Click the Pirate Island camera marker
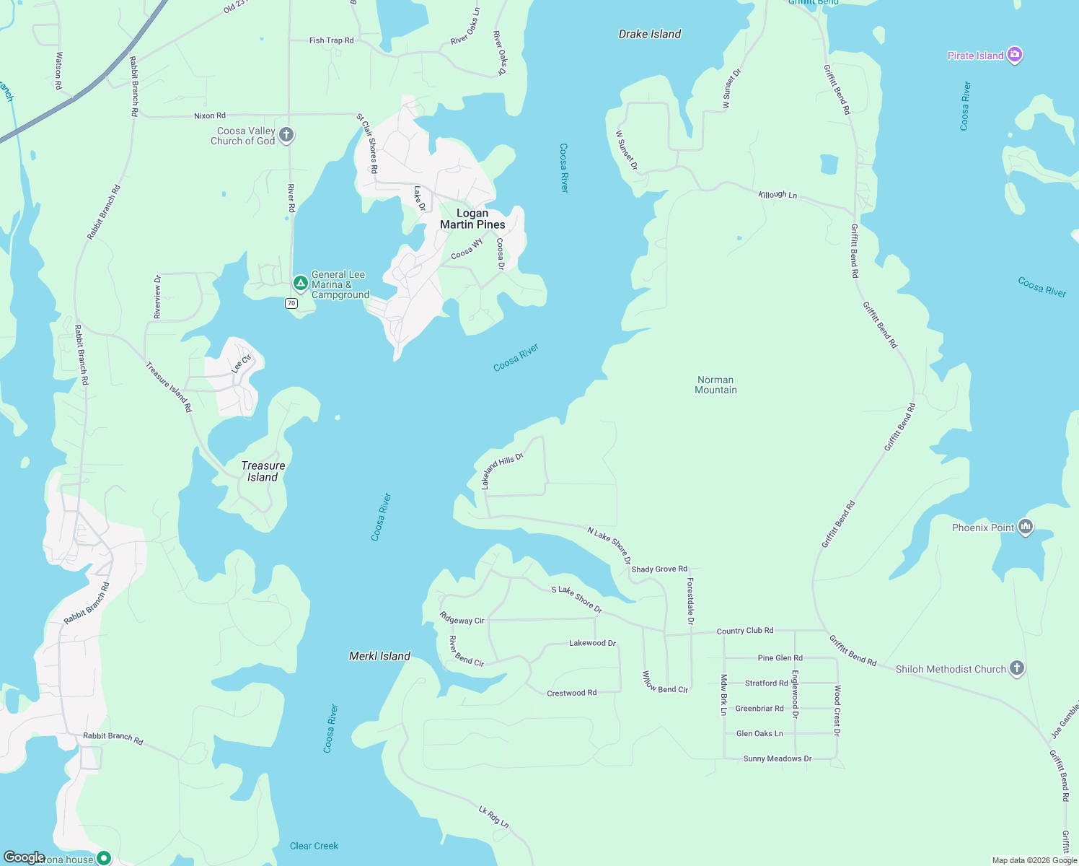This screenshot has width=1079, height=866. (1015, 55)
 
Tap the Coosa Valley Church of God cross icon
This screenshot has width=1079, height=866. (286, 134)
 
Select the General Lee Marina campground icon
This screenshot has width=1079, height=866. (301, 283)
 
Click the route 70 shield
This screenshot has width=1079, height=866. (291, 303)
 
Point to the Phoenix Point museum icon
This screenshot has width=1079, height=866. (1026, 527)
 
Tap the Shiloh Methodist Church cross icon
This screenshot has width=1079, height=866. (1017, 668)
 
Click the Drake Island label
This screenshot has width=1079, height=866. (650, 34)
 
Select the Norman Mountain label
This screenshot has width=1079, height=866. (715, 385)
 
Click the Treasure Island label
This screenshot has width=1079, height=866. (263, 471)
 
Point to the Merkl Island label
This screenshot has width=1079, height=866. (379, 656)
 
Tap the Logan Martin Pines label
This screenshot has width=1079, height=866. (472, 219)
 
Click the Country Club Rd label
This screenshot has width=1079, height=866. (745, 631)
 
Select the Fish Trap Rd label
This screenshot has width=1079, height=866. (332, 40)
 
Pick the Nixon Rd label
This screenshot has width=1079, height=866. (210, 115)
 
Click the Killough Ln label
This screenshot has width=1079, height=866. (778, 195)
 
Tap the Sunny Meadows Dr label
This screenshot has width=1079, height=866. (778, 758)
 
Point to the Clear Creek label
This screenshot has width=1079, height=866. (314, 846)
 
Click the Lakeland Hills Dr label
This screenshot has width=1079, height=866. (502, 471)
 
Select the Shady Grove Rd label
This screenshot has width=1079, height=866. (659, 569)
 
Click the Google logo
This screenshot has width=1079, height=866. (24, 857)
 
